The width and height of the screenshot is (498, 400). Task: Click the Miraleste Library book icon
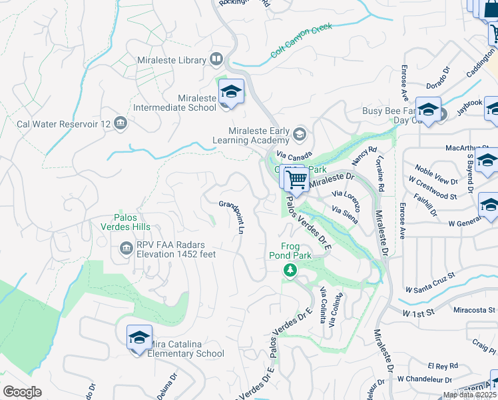pyautogui.click(x=216, y=60)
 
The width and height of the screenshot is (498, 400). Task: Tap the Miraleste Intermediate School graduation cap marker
pyautogui.click(x=230, y=91)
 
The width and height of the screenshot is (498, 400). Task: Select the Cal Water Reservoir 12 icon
pyautogui.click(x=121, y=123)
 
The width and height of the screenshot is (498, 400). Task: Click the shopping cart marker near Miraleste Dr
pyautogui.click(x=296, y=179)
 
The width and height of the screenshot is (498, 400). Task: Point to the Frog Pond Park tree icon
pyautogui.click(x=290, y=269)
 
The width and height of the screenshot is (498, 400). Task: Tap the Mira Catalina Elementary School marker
pyautogui.click(x=138, y=337)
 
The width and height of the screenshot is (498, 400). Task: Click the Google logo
pyautogui.click(x=22, y=392)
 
